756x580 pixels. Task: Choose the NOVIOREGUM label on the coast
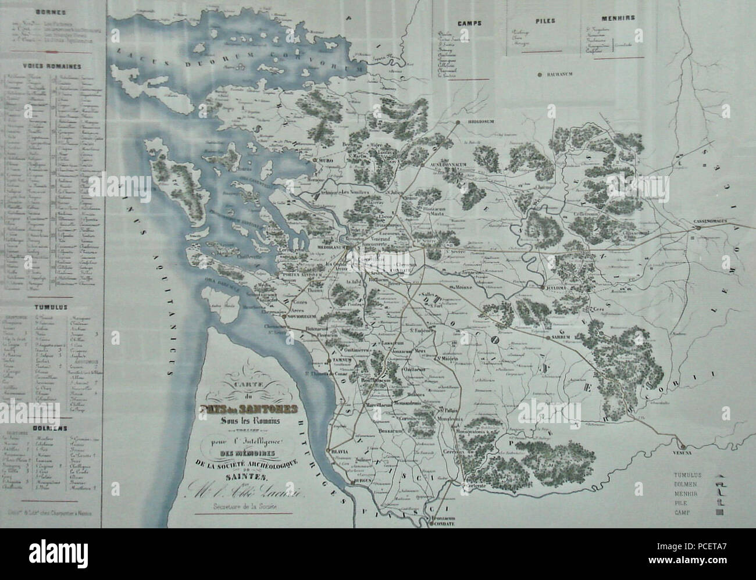click(301, 317)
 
